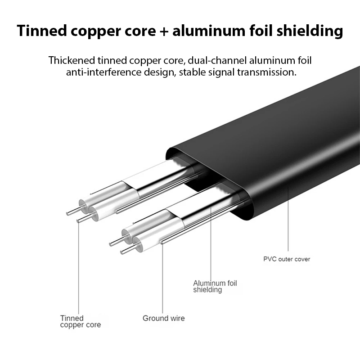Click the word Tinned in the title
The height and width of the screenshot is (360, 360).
pos(40,31)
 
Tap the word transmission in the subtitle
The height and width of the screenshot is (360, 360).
pos(268,72)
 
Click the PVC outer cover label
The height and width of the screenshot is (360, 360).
pos(287,259)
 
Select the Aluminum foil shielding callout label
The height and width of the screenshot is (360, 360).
pos(215,287)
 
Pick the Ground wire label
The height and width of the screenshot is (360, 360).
pos(163,319)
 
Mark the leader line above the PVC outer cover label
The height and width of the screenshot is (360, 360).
pos(288,220)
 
